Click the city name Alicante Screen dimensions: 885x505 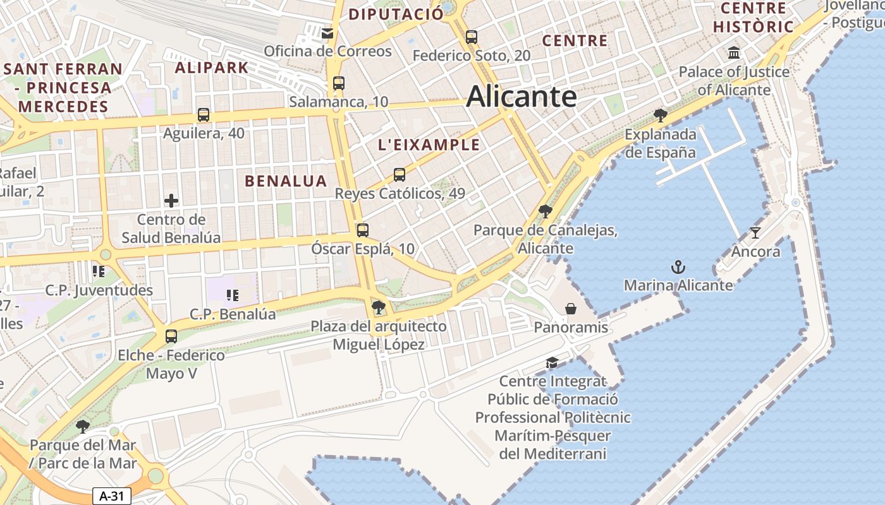521,97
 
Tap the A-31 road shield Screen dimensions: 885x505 112,496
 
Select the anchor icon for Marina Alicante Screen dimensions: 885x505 678,267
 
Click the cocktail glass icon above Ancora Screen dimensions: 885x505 755,232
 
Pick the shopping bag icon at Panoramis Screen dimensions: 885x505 571,309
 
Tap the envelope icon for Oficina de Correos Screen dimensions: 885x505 327,33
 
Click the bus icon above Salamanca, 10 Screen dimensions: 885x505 339,83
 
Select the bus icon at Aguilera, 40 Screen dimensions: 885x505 203,115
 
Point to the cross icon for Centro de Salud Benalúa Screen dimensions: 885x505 171,201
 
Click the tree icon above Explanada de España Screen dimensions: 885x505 661,115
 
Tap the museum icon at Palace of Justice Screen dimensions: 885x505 734,52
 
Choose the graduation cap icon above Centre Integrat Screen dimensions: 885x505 552,363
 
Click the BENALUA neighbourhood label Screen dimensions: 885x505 286,181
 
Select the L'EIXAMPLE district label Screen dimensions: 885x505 429,145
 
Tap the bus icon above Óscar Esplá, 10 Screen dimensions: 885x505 362,230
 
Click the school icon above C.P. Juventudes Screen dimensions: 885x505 98,271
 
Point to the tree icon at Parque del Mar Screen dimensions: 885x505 82,427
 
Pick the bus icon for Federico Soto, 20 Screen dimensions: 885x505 471,37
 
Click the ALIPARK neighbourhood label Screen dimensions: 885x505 211,68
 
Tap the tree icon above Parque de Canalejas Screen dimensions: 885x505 545,211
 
